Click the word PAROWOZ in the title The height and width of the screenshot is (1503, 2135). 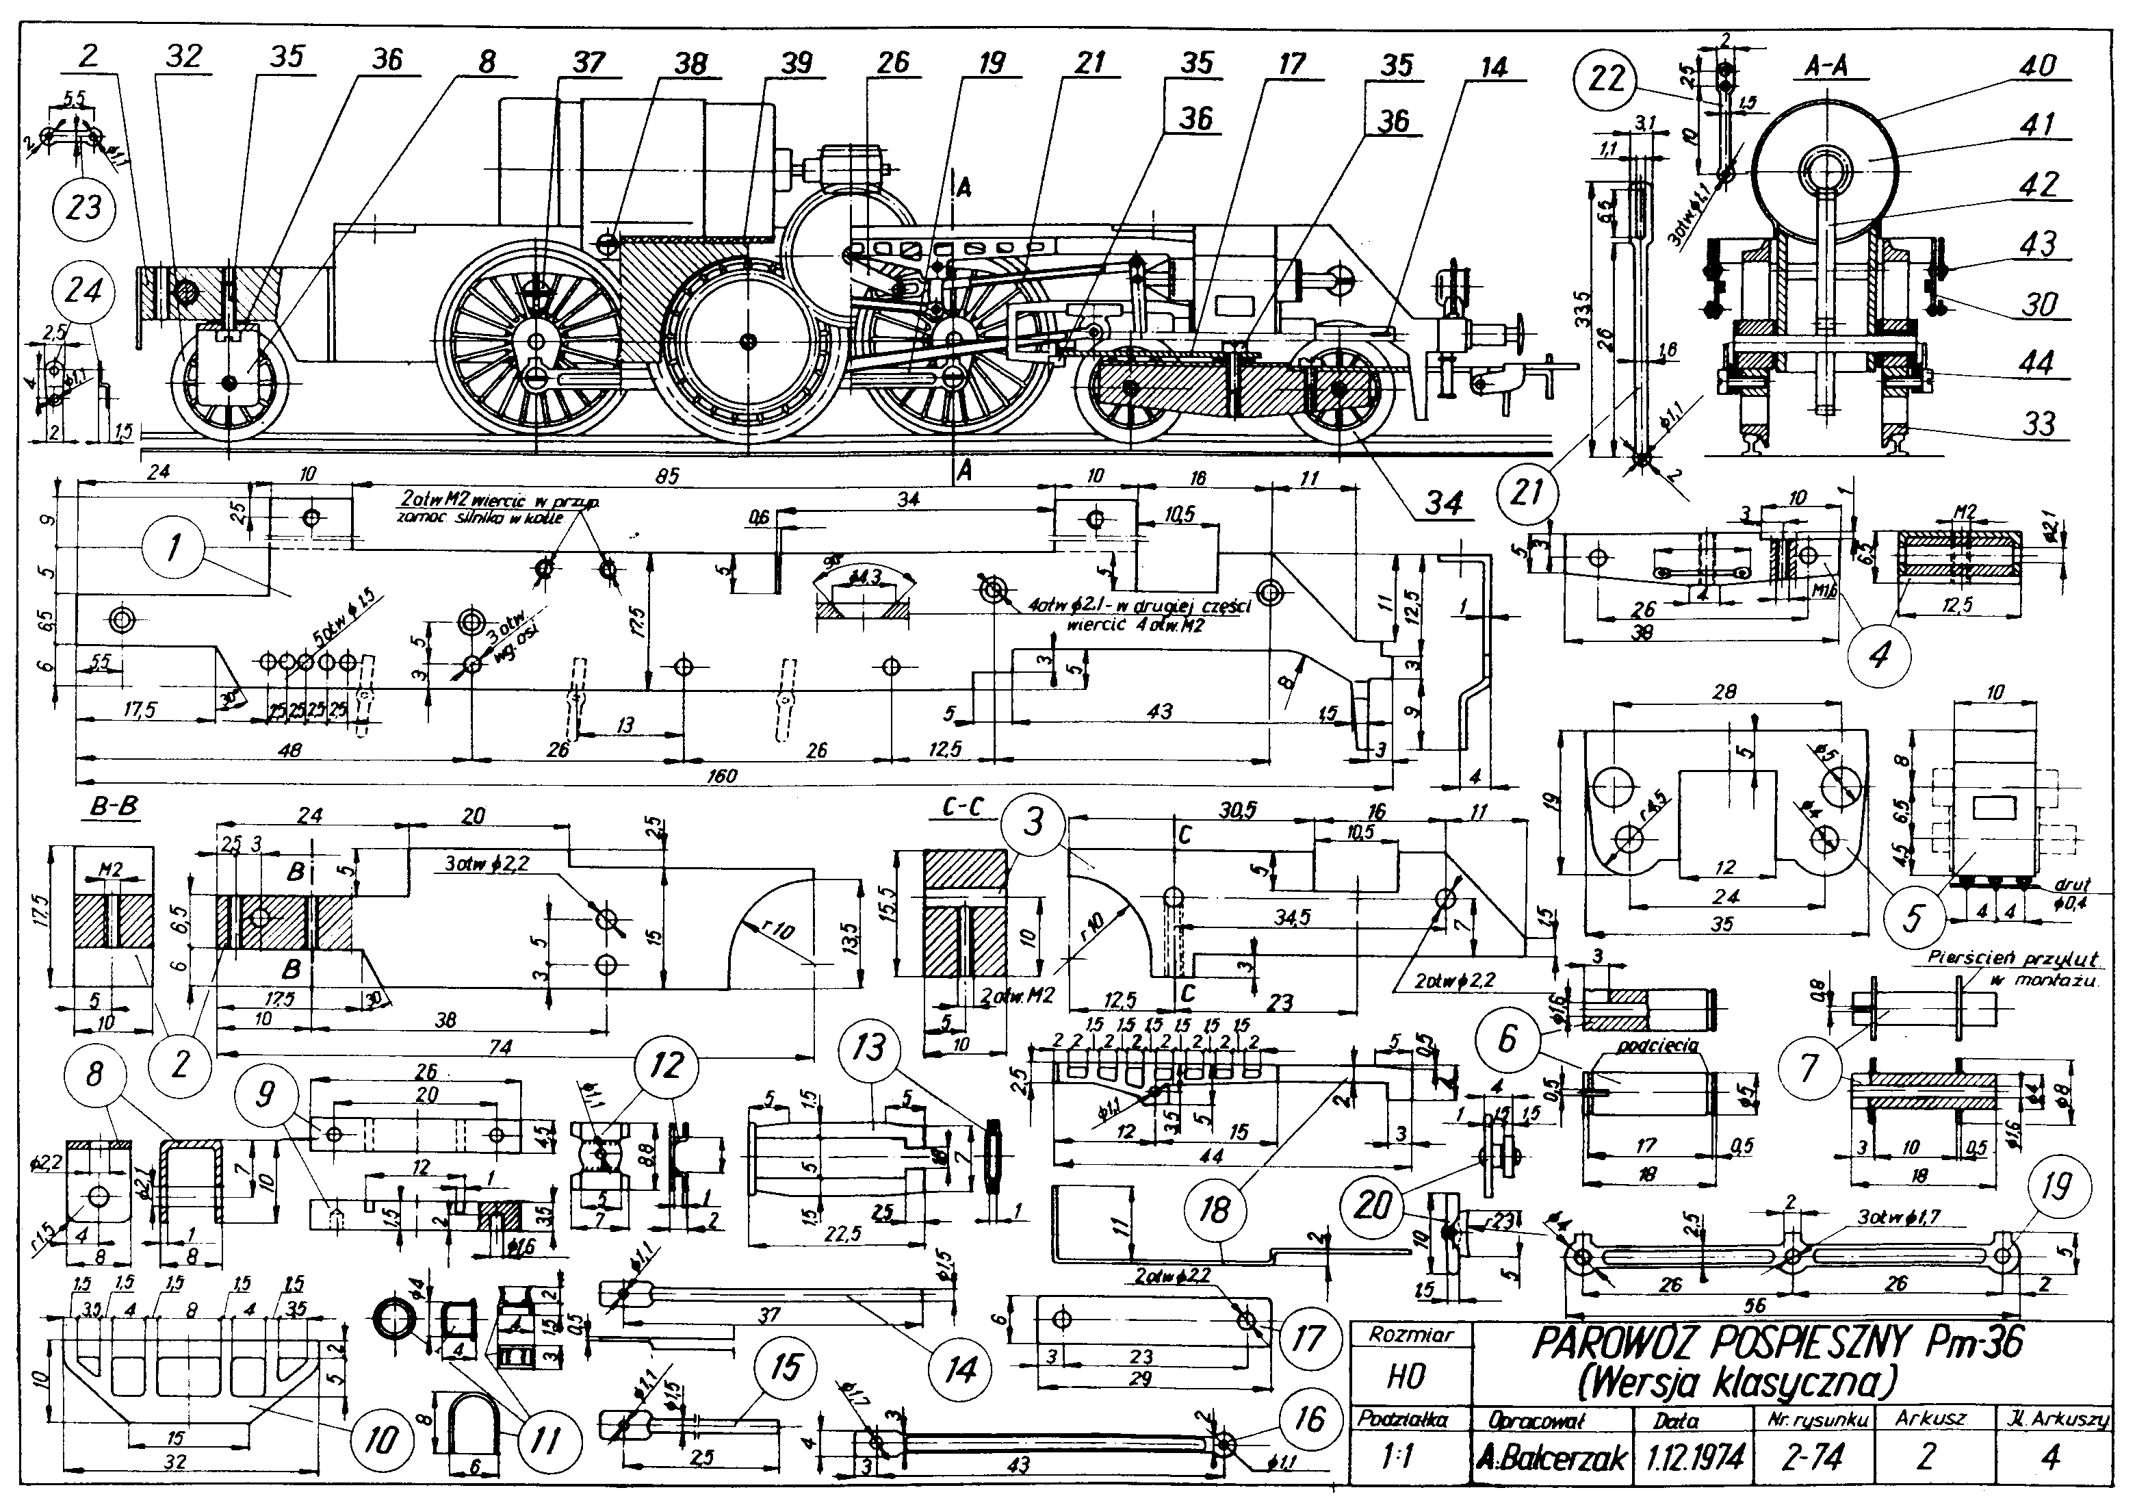click(1615, 1343)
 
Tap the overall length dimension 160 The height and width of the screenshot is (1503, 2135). click(721, 775)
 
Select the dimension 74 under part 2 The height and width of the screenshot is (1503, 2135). click(500, 1047)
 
